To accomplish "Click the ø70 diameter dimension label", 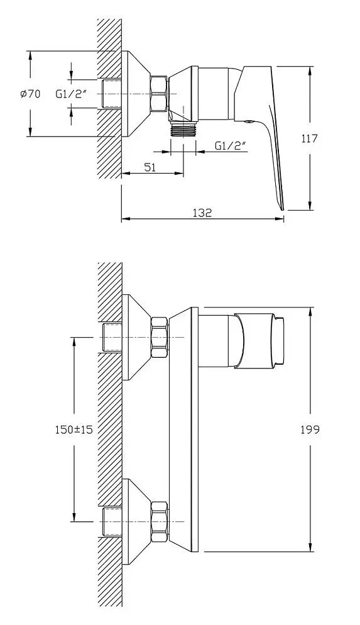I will pos(30,94).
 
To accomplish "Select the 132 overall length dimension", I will pos(202,213).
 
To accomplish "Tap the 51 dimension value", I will pos(151,168).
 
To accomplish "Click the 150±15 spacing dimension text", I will pos(74,429).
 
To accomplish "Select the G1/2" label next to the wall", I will pos(70,94).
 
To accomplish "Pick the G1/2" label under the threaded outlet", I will pos(230,146).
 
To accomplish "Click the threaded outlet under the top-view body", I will pos(183,130).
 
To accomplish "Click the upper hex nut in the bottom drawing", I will pos(160,338).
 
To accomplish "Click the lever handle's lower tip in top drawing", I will pos(280,202).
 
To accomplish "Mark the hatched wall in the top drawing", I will pos(109,94).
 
